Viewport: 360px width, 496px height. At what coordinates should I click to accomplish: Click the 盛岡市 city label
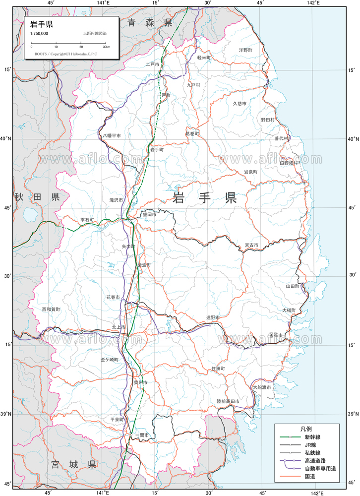pyautogui.click(x=149, y=215)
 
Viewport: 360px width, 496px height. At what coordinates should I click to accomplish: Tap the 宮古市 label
pyautogui.click(x=251, y=245)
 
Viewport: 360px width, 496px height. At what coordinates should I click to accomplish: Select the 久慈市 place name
pyautogui.click(x=240, y=103)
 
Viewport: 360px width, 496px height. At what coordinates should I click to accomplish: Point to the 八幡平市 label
pyautogui.click(x=112, y=135)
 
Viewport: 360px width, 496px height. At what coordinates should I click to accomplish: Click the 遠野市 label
pyautogui.click(x=213, y=317)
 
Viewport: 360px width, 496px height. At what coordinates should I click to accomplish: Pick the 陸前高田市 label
pyautogui.click(x=228, y=401)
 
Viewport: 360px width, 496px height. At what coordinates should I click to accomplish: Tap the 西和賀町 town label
pyautogui.click(x=51, y=309)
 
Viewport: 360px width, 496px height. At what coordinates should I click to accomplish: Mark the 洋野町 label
pyautogui.click(x=245, y=50)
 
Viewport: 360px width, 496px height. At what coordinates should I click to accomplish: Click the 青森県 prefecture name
pyautogui.click(x=149, y=22)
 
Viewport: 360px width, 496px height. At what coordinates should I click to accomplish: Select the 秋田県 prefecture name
pyautogui.click(x=37, y=197)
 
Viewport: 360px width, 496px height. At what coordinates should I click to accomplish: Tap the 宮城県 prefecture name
pyautogui.click(x=73, y=465)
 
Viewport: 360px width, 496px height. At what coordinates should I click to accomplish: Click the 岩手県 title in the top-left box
pyautogui.click(x=42, y=24)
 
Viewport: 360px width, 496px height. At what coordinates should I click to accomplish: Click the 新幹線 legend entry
pyautogui.click(x=312, y=437)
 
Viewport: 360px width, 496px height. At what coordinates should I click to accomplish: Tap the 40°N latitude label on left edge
pyautogui.click(x=6, y=139)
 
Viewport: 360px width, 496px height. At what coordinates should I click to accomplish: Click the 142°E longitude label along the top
pyautogui.click(x=313, y=3)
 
